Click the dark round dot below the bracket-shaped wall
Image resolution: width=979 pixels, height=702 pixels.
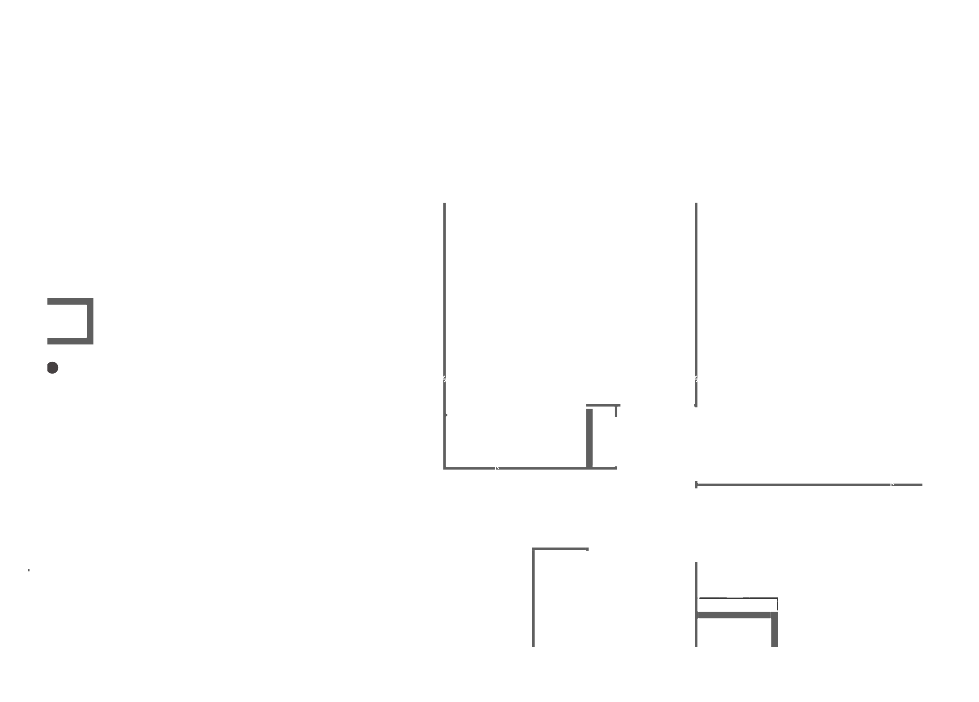[53, 367]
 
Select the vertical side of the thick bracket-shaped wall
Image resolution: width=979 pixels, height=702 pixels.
[90, 321]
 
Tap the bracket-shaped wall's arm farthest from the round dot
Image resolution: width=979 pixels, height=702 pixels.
[67, 301]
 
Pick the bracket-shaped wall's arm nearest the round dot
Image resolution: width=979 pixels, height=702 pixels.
[67, 341]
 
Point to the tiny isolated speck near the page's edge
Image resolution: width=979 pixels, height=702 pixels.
[29, 570]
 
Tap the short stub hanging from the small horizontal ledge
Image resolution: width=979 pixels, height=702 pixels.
[616, 412]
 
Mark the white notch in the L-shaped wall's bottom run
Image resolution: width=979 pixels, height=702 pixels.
[497, 467]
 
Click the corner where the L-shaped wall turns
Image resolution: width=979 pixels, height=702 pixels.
[445, 468]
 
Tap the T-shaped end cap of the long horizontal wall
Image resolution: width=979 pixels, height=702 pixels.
[696, 485]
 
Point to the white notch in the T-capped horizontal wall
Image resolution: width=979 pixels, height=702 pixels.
[893, 484]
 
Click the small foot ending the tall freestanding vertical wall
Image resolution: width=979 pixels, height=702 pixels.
[695, 406]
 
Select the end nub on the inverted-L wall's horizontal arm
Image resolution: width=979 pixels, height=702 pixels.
[587, 549]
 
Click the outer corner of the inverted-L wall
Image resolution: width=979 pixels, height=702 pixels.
[534, 549]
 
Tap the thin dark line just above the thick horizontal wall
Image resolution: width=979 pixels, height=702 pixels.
[738, 598]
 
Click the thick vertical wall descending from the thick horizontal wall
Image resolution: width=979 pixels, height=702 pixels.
[774, 632]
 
